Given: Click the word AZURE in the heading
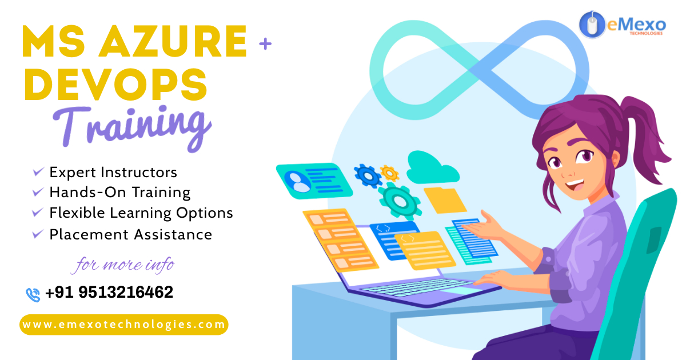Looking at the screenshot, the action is (173, 41).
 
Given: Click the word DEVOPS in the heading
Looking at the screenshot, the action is (115, 84).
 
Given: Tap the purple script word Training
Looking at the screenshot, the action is (132, 128).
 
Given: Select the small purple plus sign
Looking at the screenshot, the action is (265, 43).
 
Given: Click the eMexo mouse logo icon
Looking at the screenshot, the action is (592, 24).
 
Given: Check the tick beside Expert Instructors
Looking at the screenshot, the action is (38, 171).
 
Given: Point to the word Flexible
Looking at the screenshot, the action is (77, 213).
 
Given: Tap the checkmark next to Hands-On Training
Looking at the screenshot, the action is (38, 191).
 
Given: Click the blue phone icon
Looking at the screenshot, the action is (33, 295).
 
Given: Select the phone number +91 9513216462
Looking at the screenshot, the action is (109, 292).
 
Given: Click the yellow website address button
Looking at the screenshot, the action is (124, 325).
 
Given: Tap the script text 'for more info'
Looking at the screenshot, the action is (123, 265).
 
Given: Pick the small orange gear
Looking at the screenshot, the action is (389, 173).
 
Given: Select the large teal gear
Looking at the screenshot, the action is (400, 201).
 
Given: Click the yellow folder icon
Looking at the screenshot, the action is (445, 200).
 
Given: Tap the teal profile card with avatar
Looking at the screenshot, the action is (314, 181).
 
